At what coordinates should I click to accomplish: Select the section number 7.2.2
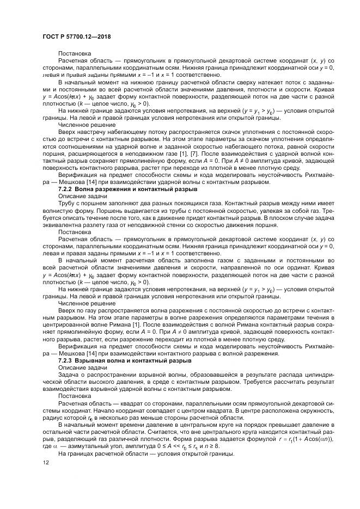coord(67,188)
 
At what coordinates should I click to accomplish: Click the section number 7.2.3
coord(67,360)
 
